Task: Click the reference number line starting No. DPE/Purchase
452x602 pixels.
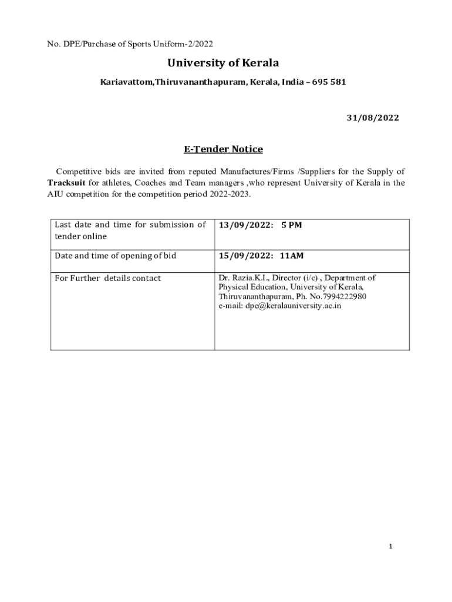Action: [x=130, y=44]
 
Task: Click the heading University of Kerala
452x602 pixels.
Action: [x=223, y=63]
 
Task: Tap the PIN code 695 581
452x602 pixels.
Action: [x=329, y=82]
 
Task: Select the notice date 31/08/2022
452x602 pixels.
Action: [x=372, y=118]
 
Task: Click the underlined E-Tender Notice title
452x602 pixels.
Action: [x=223, y=149]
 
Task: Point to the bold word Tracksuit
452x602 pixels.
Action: [x=66, y=183]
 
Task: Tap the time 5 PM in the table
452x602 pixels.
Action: [x=291, y=225]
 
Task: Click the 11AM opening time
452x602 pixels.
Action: [x=292, y=256]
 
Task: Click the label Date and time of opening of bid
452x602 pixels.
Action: [x=115, y=256]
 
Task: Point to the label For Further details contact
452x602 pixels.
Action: [x=107, y=278]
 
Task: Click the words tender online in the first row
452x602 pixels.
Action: [x=81, y=236]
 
